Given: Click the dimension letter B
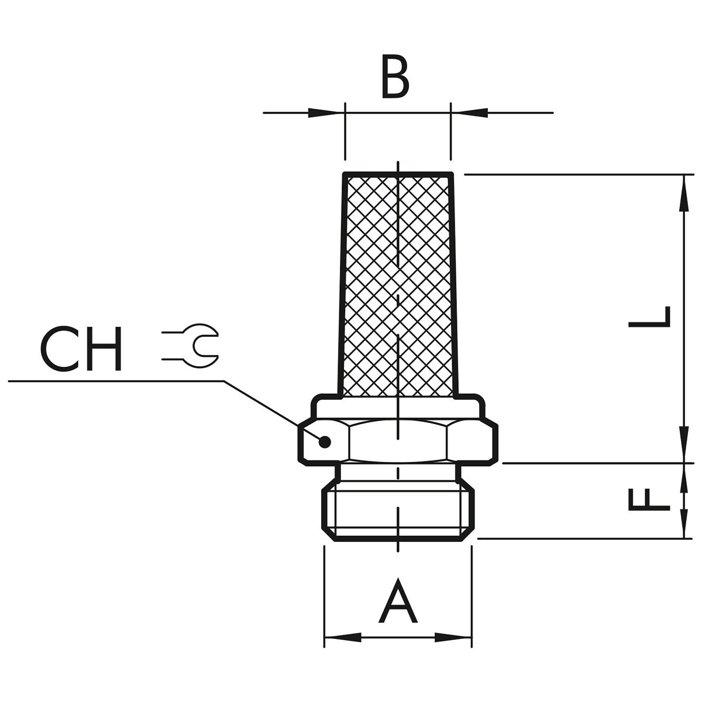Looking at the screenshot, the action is tap(395, 77).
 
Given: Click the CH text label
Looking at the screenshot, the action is tap(81, 348).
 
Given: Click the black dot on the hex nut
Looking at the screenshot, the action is tap(325, 442).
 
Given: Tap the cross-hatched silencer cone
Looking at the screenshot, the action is tap(398, 286).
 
